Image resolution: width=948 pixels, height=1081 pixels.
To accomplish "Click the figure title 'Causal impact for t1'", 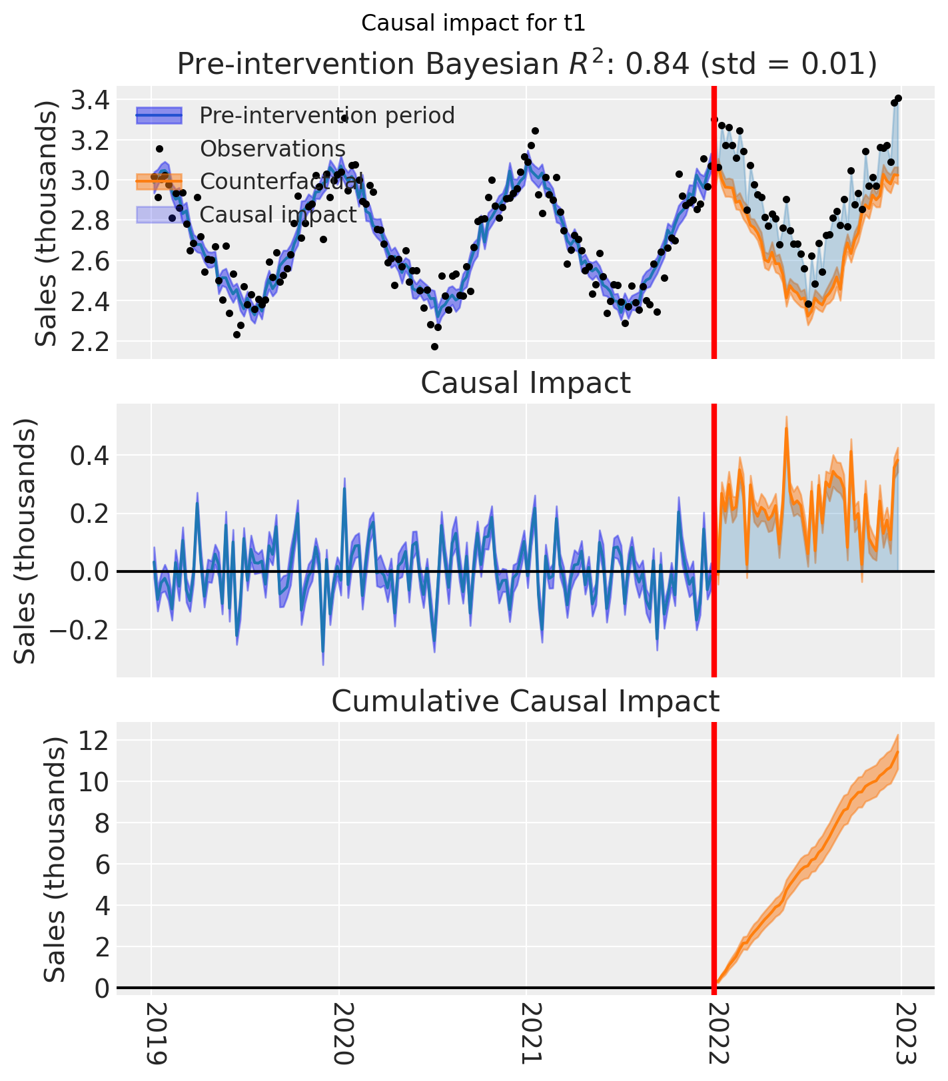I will coord(473,23).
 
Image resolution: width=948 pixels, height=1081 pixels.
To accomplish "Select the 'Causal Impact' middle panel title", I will coord(526,384).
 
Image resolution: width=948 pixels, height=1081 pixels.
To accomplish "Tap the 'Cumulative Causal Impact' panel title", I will coord(526,701).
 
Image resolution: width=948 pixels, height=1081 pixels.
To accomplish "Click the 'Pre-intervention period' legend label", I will coord(327,116).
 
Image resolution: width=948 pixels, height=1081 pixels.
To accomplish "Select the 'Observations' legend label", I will coord(272,149).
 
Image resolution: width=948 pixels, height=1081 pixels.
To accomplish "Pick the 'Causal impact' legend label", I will coord(278,214).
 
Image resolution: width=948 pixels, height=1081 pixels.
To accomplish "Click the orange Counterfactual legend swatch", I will coord(159,181).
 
